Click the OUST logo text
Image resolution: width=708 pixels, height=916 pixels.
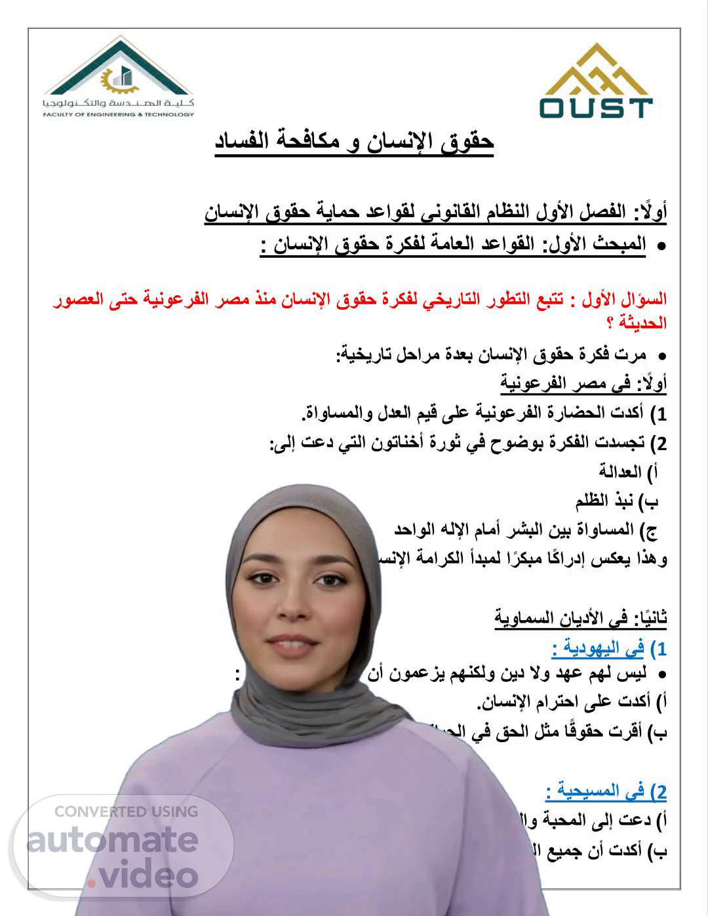tap(596, 108)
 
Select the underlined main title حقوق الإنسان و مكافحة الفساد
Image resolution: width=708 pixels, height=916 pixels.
tap(354, 142)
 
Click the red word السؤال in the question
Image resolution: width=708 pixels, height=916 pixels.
tap(649, 300)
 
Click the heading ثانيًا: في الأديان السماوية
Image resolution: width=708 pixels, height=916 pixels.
tap(581, 617)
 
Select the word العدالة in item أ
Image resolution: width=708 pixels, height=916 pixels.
tap(619, 471)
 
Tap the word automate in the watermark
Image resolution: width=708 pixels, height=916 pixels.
tap(111, 839)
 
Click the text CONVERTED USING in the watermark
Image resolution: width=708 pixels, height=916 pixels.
tap(126, 812)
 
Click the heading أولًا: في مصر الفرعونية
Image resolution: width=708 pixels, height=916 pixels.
tap(583, 382)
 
